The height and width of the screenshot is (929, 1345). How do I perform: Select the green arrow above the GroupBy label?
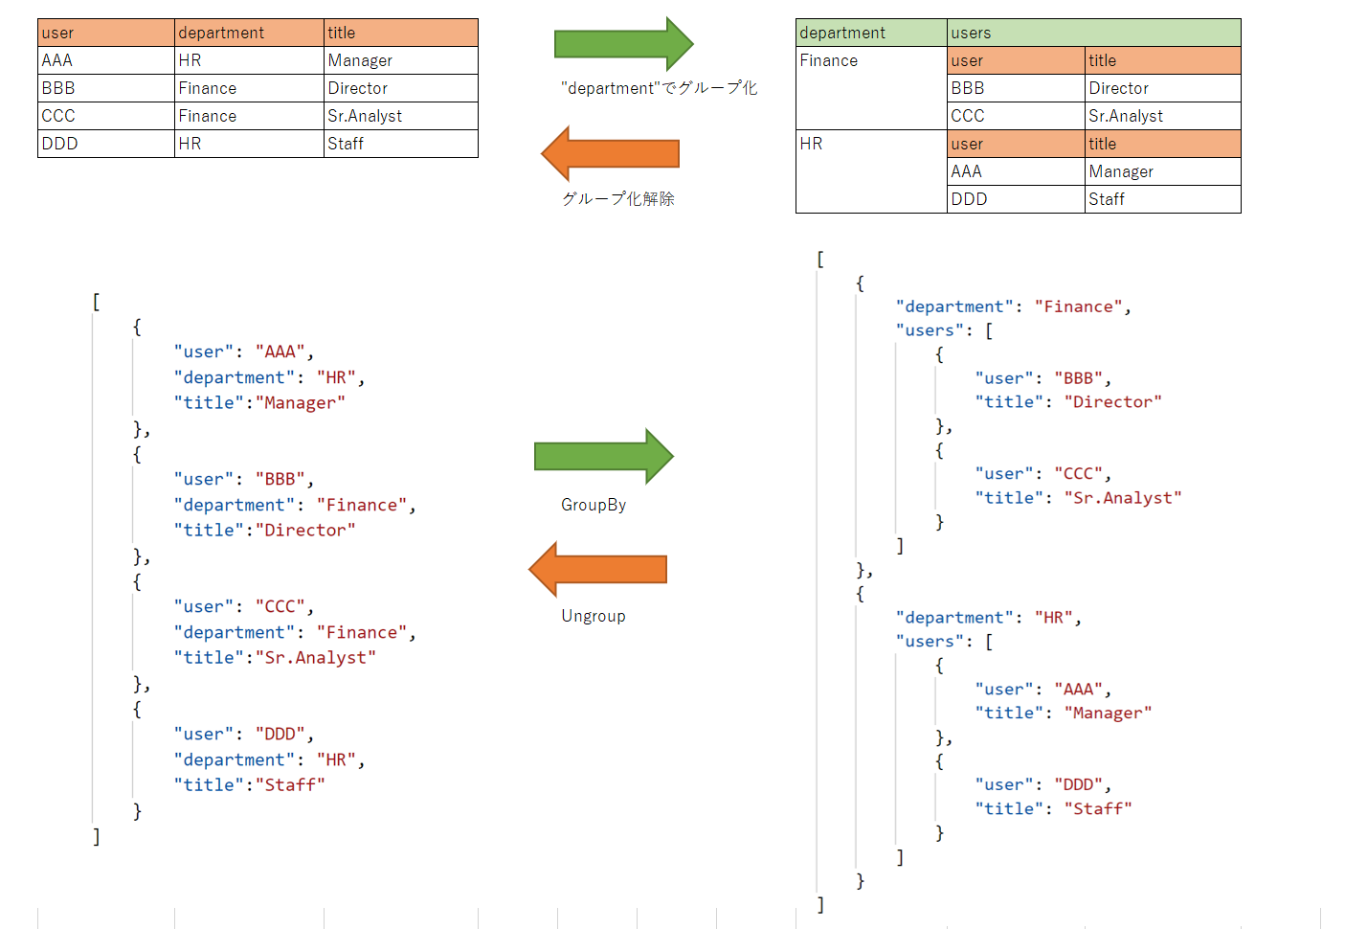coord(604,456)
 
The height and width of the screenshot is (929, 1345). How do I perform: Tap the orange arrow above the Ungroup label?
coord(597,569)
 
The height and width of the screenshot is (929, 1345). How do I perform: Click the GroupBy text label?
coord(594,505)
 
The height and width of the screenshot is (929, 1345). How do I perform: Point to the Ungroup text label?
coord(594,616)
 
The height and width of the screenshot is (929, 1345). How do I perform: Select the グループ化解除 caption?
coord(618,198)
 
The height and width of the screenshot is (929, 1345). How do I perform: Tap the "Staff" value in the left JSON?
coord(295,784)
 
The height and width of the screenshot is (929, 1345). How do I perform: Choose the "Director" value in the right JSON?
coord(1112,401)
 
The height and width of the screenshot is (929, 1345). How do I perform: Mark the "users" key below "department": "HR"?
coord(930,641)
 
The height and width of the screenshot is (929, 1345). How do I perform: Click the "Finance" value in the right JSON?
coord(1078,306)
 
